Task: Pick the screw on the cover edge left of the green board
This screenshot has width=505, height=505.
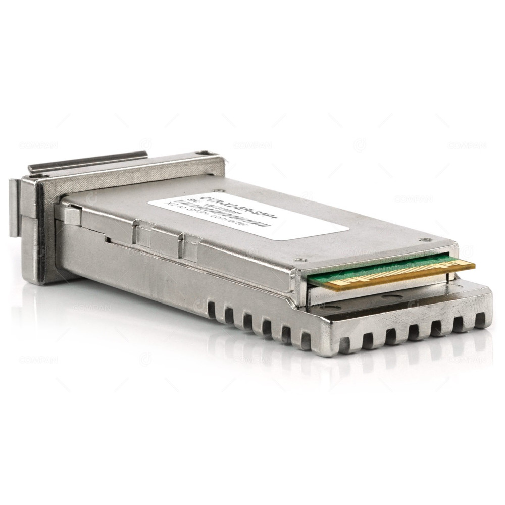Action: pos(301,260)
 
